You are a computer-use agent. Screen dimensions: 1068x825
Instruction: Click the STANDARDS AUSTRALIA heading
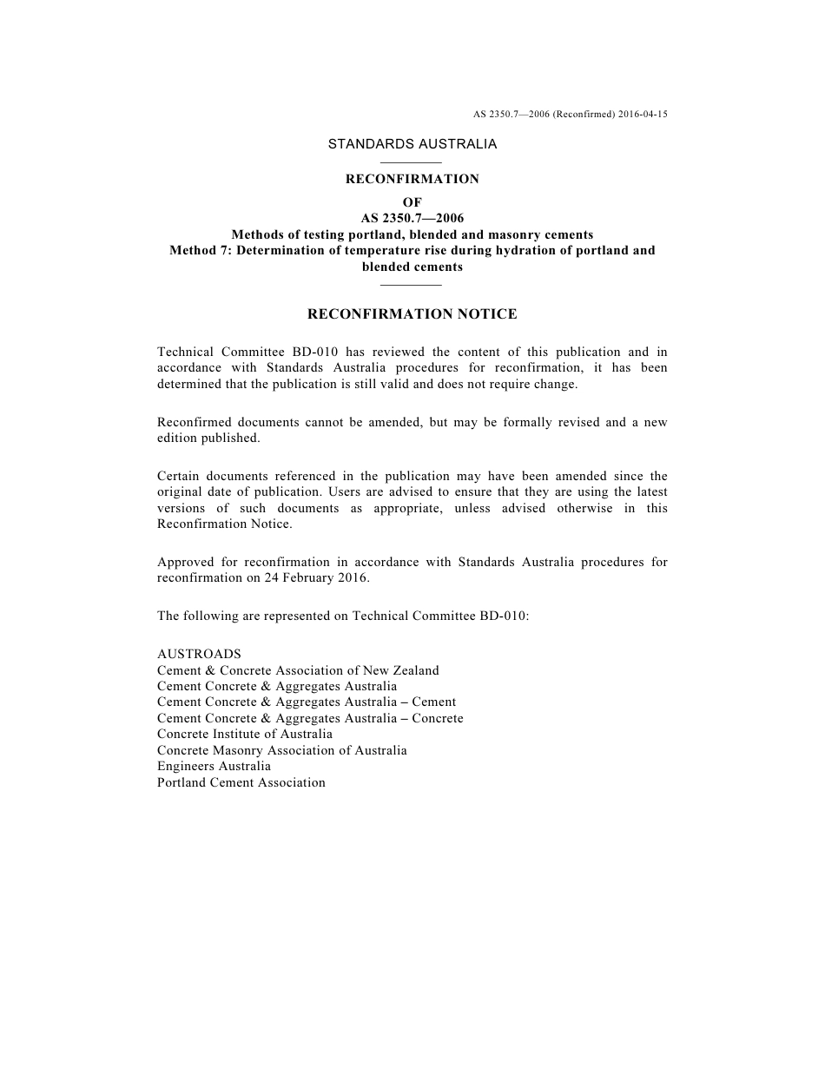click(x=412, y=144)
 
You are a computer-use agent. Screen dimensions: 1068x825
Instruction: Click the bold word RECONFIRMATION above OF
click(x=412, y=179)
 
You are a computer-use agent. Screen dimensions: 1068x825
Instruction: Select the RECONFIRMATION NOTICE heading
click(x=412, y=314)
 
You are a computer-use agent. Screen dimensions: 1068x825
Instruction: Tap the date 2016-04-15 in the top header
click(x=643, y=114)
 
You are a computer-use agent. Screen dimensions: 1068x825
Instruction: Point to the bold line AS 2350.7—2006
click(x=412, y=218)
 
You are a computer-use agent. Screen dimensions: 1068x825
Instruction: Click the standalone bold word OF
click(x=412, y=202)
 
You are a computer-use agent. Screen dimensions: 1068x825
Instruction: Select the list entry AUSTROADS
click(x=199, y=654)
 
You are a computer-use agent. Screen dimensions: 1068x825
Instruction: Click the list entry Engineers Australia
click(x=214, y=766)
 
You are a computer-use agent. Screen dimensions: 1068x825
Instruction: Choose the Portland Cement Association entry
click(x=241, y=782)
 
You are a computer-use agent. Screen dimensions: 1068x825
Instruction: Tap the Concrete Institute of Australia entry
click(x=245, y=734)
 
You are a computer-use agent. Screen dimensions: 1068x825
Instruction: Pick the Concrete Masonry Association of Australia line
click(x=282, y=750)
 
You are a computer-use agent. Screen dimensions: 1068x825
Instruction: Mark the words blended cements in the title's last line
click(x=412, y=267)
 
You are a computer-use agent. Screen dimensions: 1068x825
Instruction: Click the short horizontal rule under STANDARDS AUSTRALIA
click(x=412, y=162)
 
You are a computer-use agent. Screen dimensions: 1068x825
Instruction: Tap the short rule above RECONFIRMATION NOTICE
click(x=412, y=285)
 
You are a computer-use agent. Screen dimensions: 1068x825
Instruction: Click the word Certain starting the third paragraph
click(x=180, y=476)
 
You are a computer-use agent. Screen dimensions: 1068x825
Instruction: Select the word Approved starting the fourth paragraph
click(x=185, y=562)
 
